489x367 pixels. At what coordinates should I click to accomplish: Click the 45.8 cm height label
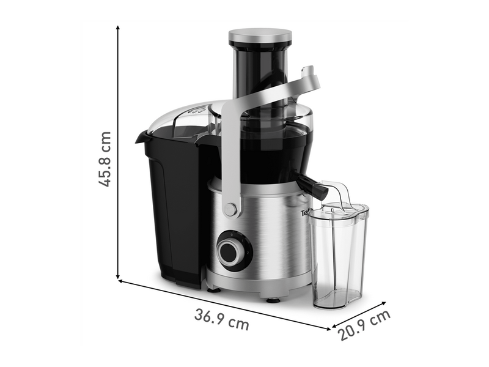pos(106,158)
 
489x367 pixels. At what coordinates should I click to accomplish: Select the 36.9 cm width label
pos(222,320)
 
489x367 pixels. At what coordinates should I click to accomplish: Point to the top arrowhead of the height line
pos(117,28)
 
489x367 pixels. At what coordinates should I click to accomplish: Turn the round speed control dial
pos(232,250)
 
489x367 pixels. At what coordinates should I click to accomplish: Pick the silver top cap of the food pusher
pos(260,37)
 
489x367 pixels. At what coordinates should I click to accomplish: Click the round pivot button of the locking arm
pos(230,210)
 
